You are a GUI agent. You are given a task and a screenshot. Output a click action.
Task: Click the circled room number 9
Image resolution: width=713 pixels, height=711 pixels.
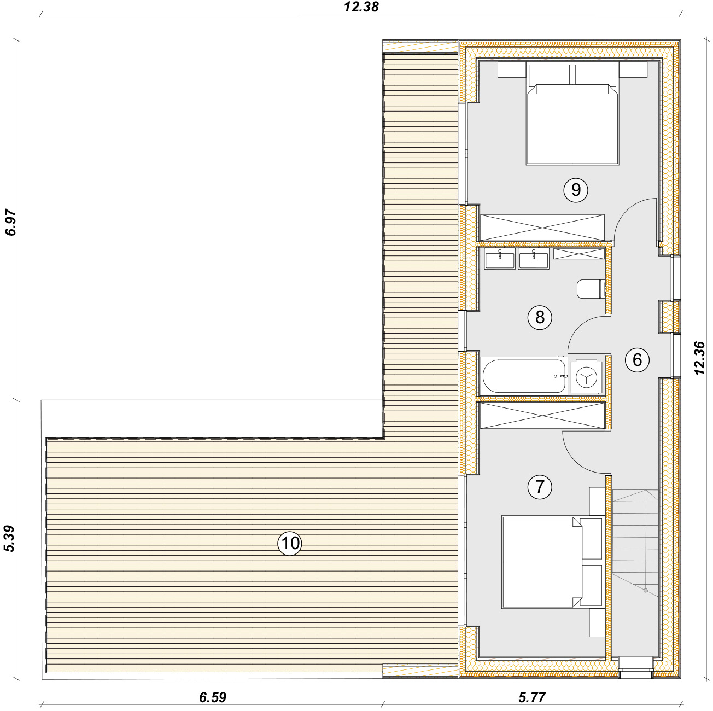[575, 190]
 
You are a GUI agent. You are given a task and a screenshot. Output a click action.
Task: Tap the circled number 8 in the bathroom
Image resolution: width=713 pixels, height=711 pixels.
[540, 317]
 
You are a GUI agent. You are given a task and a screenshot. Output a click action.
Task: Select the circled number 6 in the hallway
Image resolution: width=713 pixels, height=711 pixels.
[637, 359]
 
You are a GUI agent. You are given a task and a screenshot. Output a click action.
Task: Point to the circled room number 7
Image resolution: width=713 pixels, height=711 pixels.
[540, 487]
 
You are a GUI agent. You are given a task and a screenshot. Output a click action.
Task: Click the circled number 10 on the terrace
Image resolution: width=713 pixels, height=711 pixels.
[290, 543]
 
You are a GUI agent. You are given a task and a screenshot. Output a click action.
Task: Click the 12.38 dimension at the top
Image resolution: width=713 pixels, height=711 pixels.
[361, 7]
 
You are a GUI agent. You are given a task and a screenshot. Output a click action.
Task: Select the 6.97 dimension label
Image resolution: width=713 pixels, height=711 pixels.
[10, 223]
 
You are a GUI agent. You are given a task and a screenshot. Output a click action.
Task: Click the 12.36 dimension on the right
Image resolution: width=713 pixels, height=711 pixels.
[699, 358]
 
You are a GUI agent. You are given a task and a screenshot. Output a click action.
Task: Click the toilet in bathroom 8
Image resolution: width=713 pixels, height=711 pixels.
[591, 289]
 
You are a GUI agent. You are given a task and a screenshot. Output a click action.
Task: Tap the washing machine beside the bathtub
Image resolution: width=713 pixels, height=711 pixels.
[587, 376]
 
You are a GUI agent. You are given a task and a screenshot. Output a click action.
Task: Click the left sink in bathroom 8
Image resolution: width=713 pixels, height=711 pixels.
[500, 258]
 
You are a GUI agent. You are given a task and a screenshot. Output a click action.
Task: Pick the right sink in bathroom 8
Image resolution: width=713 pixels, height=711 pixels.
[533, 258]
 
